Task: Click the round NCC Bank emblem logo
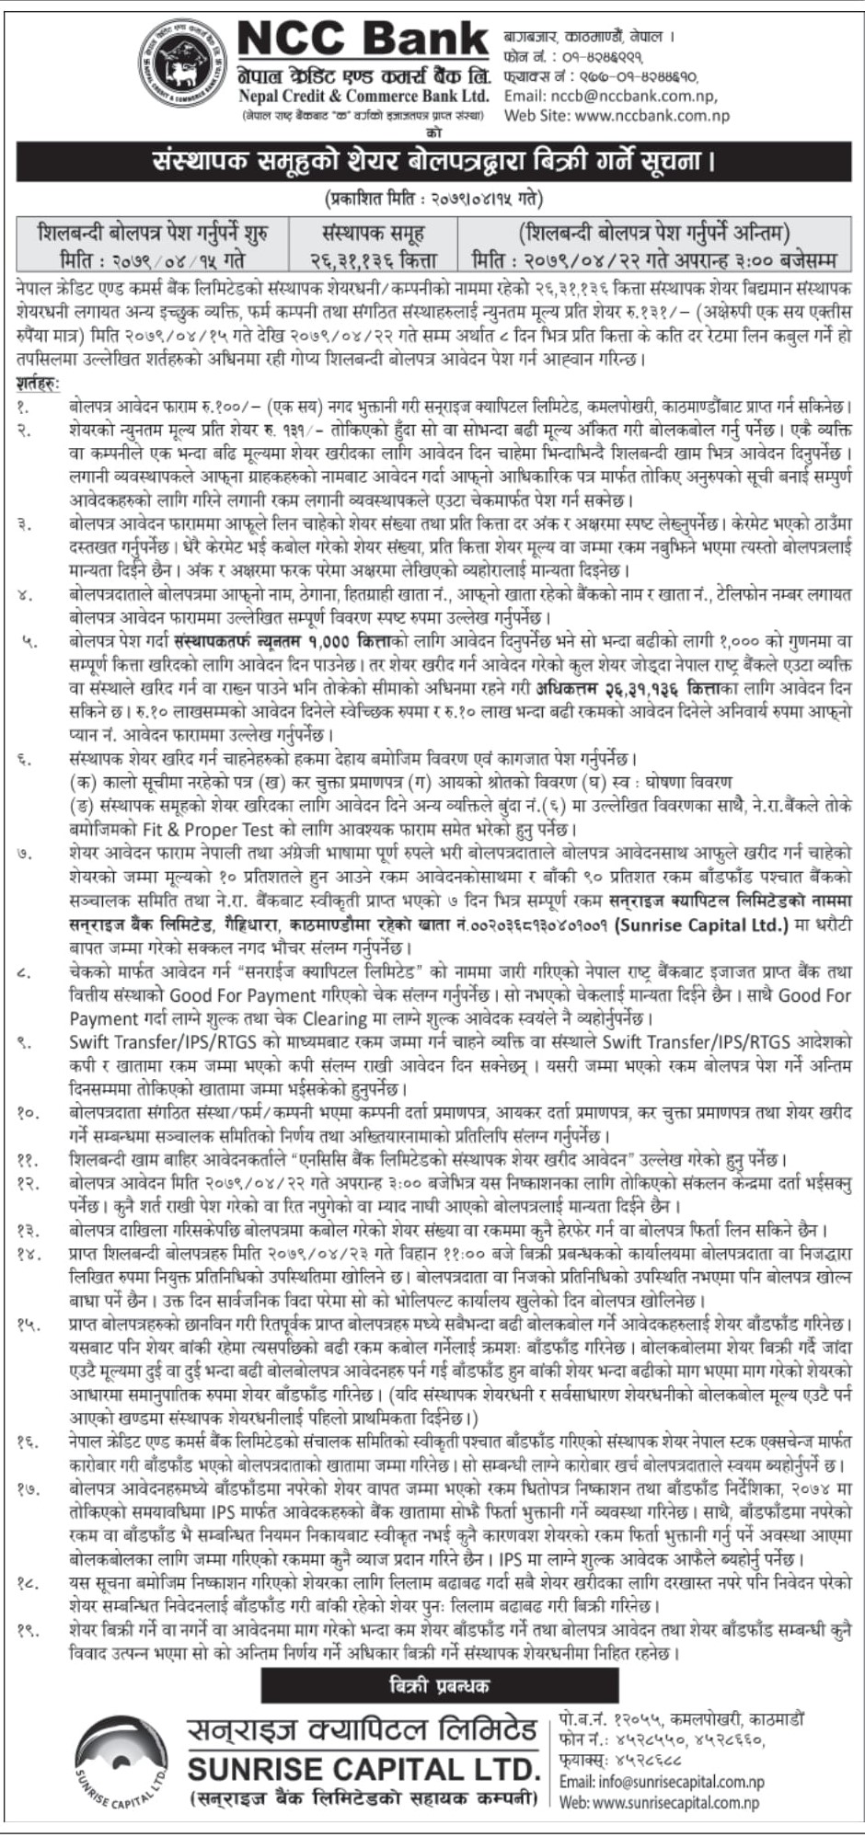[183, 63]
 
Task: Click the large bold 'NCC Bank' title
[363, 40]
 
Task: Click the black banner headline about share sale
[432, 163]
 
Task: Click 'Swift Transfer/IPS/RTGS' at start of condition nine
[153, 1042]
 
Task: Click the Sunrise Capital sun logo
[123, 1763]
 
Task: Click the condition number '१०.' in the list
[29, 1112]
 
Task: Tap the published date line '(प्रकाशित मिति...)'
[432, 198]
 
